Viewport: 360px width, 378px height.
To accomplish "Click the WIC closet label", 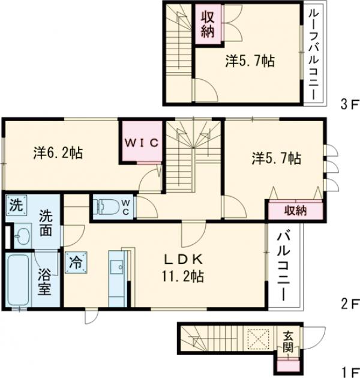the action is pyautogui.click(x=142, y=143).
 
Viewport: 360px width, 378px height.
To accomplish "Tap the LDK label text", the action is pyautogui.click(x=183, y=259).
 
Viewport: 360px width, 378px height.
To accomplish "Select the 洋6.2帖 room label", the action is pyautogui.click(x=58, y=153).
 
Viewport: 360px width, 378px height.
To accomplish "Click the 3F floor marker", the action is pyautogui.click(x=349, y=104).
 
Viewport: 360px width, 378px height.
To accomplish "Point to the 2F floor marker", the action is pyautogui.click(x=349, y=304).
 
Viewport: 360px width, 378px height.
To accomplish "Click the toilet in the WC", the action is pyautogui.click(x=108, y=207).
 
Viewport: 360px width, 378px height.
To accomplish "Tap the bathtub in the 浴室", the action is pyautogui.click(x=19, y=280).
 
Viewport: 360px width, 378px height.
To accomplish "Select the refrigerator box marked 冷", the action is pyautogui.click(x=76, y=263).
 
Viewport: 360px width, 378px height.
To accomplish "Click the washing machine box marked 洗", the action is pyautogui.click(x=16, y=205).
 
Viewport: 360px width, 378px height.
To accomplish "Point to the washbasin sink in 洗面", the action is pyautogui.click(x=22, y=236).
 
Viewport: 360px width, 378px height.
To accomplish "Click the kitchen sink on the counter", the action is pyautogui.click(x=118, y=267).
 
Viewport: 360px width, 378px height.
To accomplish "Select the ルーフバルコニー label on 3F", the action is pyautogui.click(x=314, y=55).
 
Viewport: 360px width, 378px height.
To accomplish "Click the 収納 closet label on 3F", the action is pyautogui.click(x=208, y=25).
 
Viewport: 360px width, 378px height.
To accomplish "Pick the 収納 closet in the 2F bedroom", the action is pyautogui.click(x=295, y=211).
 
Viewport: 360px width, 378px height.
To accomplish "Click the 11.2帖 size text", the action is pyautogui.click(x=183, y=276).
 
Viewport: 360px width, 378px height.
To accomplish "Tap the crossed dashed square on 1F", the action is pyautogui.click(x=259, y=340).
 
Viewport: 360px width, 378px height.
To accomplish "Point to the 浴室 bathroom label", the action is pyautogui.click(x=45, y=281).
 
